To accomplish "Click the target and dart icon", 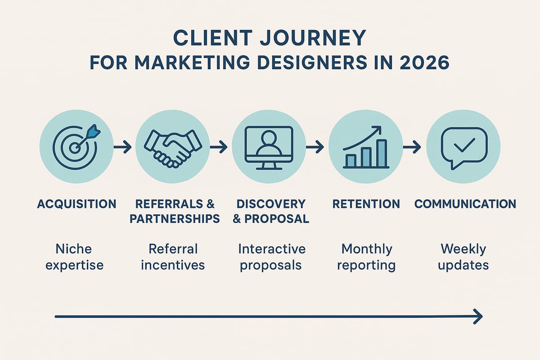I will (76, 146).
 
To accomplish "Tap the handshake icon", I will (172, 147).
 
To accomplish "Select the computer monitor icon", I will (269, 147).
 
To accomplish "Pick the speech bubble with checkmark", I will (463, 147).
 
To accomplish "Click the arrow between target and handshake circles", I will (122, 147).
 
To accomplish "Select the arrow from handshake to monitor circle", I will (219, 147).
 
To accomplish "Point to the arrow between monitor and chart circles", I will (315, 147).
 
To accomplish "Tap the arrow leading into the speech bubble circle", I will (412, 147).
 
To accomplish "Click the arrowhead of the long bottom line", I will (478, 316).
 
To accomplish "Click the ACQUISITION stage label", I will (76, 204).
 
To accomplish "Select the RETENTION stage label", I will (366, 204).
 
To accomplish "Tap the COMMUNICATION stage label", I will (465, 204).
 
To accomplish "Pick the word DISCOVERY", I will (271, 204).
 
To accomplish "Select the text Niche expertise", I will (74, 256).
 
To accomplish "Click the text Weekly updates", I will (463, 256).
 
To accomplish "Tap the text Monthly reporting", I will (366, 256).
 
